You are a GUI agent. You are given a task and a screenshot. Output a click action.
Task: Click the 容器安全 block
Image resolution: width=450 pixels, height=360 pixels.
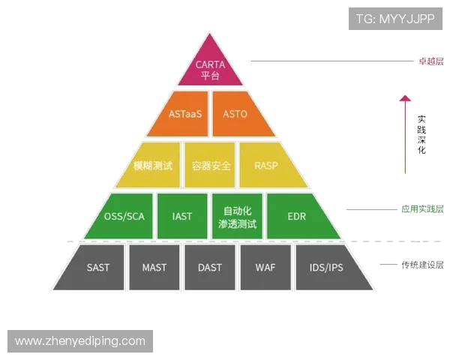pos(210,165)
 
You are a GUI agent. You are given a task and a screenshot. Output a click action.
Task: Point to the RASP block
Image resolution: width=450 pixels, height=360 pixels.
pos(267,165)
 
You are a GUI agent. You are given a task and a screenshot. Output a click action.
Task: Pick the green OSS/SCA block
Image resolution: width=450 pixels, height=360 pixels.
pos(124,216)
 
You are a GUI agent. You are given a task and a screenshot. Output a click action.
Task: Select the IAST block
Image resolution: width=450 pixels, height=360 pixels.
pos(182,216)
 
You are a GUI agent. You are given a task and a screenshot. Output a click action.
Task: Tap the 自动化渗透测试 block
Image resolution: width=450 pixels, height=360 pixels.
pos(237,216)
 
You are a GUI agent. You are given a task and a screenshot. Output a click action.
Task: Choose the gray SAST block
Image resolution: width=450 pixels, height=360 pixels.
pos(97,267)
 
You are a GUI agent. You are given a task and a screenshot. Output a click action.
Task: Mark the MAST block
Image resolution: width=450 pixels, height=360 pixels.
pos(154,267)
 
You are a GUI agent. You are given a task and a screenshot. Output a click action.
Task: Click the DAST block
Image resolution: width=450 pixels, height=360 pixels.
pos(209,267)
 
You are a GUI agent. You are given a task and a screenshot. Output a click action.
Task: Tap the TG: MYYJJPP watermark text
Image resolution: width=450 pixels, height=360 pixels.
pos(396,18)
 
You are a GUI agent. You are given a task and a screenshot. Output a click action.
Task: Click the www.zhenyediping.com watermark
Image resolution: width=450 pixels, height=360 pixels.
pos(80,341)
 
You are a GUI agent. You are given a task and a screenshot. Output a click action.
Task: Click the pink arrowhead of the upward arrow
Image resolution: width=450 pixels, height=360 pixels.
pos(405,97)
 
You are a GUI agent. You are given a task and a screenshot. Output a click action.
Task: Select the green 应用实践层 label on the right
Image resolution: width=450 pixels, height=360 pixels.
pos(421,210)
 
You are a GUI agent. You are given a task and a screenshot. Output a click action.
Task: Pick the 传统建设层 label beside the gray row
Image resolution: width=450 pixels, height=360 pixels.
pos(422,264)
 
